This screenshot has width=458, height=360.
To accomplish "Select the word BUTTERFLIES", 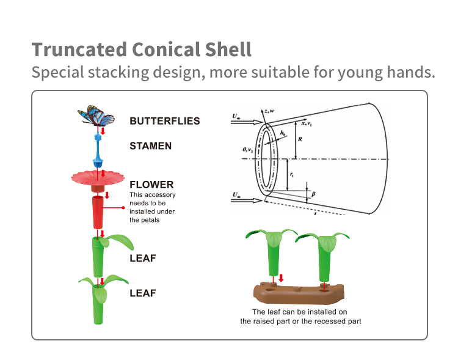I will point(164,121).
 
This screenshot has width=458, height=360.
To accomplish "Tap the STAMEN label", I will point(150,146).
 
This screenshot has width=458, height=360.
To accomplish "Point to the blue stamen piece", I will point(98,153).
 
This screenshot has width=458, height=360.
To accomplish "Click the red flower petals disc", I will point(98,178).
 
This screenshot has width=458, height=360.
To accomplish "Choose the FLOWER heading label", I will point(151,185).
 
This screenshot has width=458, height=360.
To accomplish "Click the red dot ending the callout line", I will point(125,208).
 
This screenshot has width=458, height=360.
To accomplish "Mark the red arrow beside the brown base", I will point(281,279).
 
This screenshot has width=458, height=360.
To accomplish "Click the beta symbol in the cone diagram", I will point(313,194).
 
